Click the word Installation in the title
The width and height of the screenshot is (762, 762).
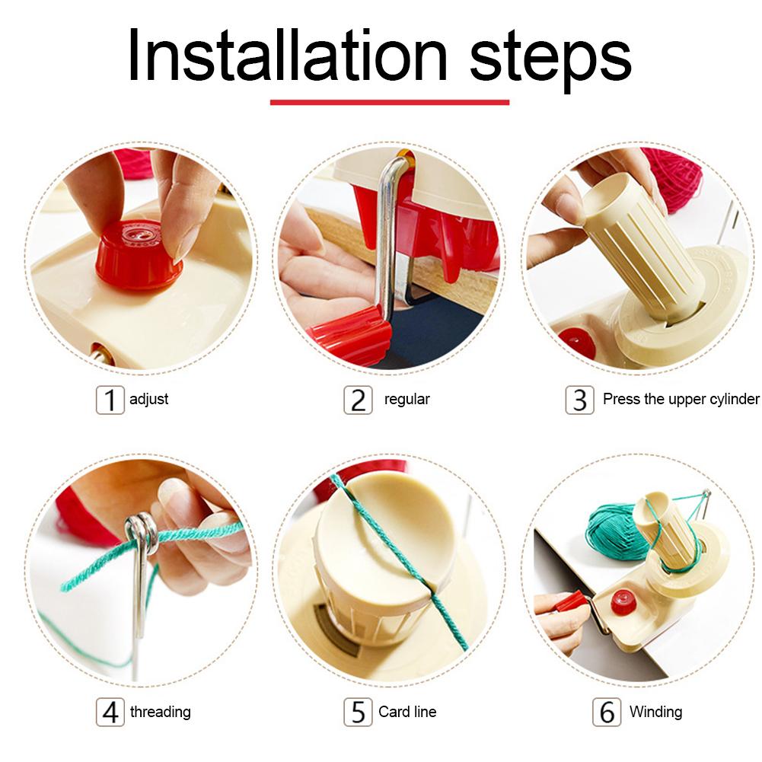pyautogui.click(x=287, y=55)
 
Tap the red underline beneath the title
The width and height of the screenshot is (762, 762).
pyautogui.click(x=389, y=102)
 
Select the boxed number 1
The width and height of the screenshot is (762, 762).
pyautogui.click(x=110, y=400)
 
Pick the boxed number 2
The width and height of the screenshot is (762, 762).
pyautogui.click(x=358, y=400)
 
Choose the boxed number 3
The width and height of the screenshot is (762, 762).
pyautogui.click(x=579, y=400)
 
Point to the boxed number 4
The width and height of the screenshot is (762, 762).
pyautogui.click(x=110, y=712)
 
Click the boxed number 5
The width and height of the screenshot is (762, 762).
pyautogui.click(x=358, y=712)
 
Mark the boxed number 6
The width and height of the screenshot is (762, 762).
pyautogui.click(x=607, y=712)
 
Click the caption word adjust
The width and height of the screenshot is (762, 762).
pyautogui.click(x=148, y=400)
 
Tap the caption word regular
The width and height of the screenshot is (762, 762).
pyautogui.click(x=407, y=400)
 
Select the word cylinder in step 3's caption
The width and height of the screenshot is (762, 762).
pyautogui.click(x=735, y=399)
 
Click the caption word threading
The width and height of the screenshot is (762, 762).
pyautogui.click(x=161, y=712)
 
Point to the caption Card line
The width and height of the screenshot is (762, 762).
pyautogui.click(x=407, y=712)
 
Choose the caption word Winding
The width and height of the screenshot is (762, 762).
pyautogui.click(x=655, y=712)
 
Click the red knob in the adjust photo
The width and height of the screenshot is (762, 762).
pyautogui.click(x=139, y=254)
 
